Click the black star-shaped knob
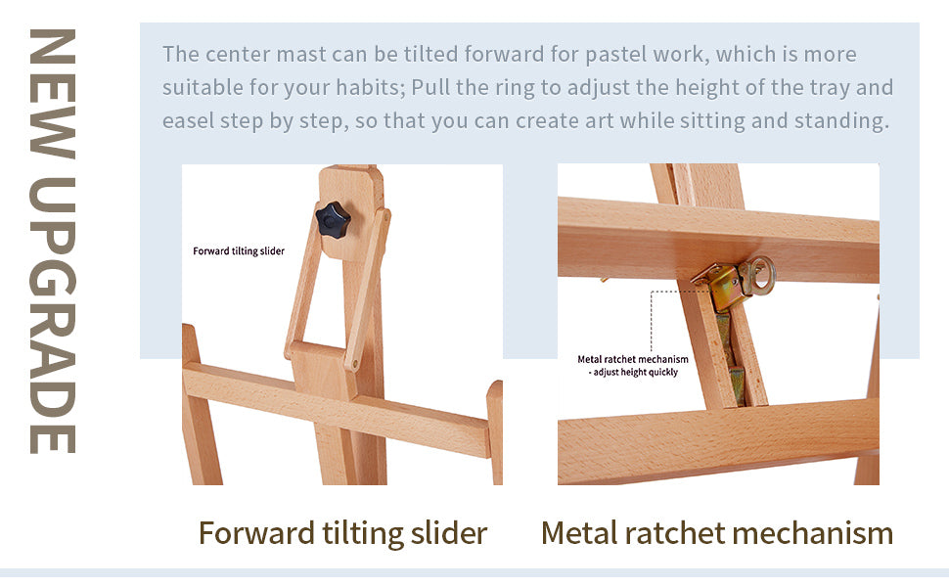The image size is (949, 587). (333, 220)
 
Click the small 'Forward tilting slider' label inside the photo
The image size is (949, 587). (239, 251)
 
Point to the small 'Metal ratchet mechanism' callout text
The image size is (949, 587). (632, 359)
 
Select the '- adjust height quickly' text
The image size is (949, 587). (633, 372)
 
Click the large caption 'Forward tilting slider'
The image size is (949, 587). (342, 533)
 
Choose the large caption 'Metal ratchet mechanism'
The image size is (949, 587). (717, 533)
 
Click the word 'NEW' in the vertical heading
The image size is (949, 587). (53, 93)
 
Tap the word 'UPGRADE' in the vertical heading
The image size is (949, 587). (53, 315)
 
